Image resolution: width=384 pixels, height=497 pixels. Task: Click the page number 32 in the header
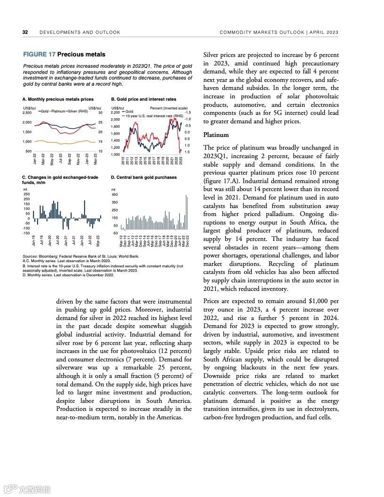pyautogui.click(x=25, y=32)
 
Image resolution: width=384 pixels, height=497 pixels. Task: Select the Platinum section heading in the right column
pyautogui.click(x=216, y=135)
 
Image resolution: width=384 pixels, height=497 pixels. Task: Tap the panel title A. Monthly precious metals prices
pyautogui.click(x=58, y=99)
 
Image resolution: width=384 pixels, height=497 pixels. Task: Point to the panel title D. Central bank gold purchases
pyautogui.click(x=144, y=177)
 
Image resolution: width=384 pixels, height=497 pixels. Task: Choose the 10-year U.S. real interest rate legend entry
pyautogui.click(x=154, y=115)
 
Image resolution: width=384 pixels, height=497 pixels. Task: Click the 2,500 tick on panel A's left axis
pyautogui.click(x=27, y=113)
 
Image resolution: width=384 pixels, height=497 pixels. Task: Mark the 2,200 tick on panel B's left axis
pyautogui.click(x=115, y=113)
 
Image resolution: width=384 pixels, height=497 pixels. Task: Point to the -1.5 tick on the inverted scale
pyautogui.click(x=187, y=113)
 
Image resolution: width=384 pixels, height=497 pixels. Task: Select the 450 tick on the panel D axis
pyautogui.click(x=114, y=194)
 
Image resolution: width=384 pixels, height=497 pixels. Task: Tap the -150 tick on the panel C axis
pyautogui.click(x=26, y=233)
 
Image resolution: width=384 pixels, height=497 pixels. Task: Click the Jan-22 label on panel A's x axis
pyautogui.click(x=35, y=159)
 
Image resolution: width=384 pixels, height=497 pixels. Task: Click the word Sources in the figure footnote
pyautogui.click(x=30, y=257)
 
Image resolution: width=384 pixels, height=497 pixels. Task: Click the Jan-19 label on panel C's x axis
pyautogui.click(x=33, y=240)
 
